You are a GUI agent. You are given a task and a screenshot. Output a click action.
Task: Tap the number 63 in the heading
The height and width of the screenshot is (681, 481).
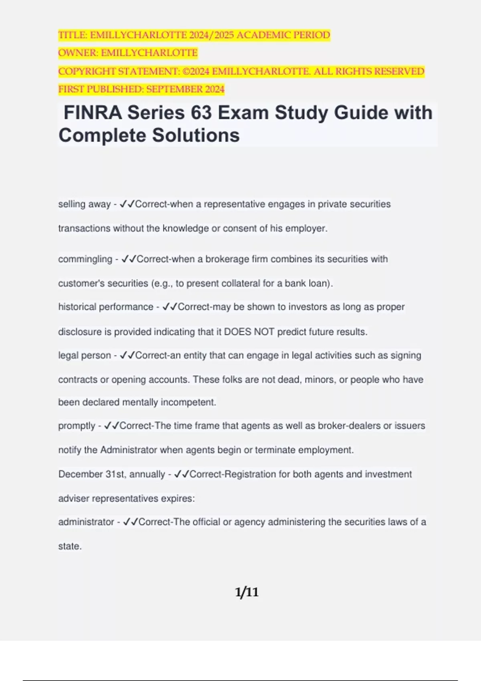pyautogui.click(x=201, y=113)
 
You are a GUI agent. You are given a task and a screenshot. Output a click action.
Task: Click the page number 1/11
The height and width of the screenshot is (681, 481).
pyautogui.click(x=247, y=592)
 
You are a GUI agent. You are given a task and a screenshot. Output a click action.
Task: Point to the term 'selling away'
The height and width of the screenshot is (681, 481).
pyautogui.click(x=84, y=204)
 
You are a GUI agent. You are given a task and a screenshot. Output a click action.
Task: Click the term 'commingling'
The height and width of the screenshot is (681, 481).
pyautogui.click(x=85, y=259)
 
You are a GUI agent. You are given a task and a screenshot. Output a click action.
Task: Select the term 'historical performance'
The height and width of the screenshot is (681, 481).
pyautogui.click(x=106, y=307)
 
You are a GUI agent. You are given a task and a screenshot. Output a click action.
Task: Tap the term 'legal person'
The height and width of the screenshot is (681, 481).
pyautogui.click(x=84, y=355)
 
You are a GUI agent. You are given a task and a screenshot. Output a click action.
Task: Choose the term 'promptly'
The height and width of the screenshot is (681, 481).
pyautogui.click(x=77, y=426)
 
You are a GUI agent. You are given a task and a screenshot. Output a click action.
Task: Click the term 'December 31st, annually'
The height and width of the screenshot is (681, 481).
pyautogui.click(x=111, y=474)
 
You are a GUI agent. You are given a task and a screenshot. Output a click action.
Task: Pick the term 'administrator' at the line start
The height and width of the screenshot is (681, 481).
pyautogui.click(x=86, y=522)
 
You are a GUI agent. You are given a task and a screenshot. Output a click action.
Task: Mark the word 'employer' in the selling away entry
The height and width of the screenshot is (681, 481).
pyautogui.click(x=308, y=228)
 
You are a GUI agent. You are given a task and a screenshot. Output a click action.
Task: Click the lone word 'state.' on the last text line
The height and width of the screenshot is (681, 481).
pyautogui.click(x=70, y=546)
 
